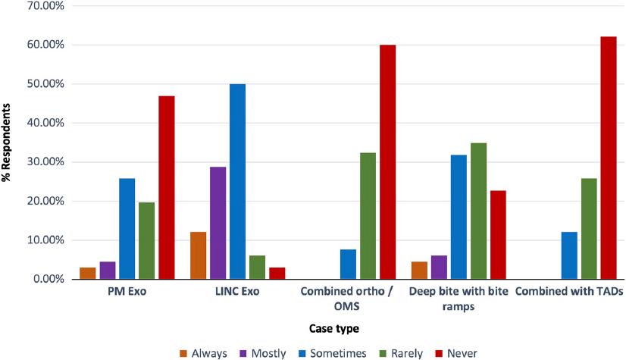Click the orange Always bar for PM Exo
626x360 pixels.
click(88, 274)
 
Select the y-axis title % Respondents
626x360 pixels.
click(8, 142)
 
